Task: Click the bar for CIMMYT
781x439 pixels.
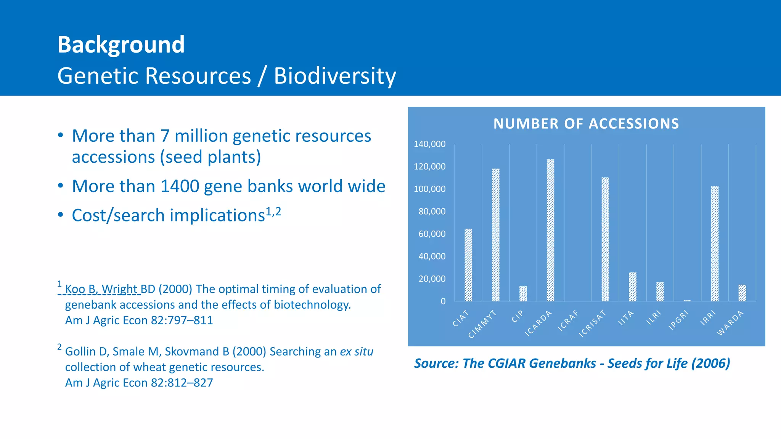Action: pyautogui.click(x=495, y=235)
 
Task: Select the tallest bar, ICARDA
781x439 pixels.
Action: pyautogui.click(x=550, y=230)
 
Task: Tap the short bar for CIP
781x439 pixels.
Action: pyautogui.click(x=523, y=294)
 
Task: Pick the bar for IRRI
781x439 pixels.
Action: pyautogui.click(x=715, y=244)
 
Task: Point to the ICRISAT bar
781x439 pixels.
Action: pyautogui.click(x=605, y=239)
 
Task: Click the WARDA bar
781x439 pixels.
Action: pyautogui.click(x=742, y=293)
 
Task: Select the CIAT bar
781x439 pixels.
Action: pyautogui.click(x=468, y=265)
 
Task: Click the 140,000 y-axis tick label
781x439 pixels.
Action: pyautogui.click(x=429, y=144)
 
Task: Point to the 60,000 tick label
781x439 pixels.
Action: pyautogui.click(x=432, y=234)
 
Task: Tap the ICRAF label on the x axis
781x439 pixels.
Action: pyautogui.click(x=568, y=320)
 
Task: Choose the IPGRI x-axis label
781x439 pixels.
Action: pyautogui.click(x=678, y=320)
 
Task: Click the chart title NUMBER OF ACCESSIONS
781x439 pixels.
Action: pyautogui.click(x=586, y=124)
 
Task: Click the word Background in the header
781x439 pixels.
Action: pyautogui.click(x=121, y=45)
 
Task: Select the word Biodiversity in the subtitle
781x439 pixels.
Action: pyautogui.click(x=335, y=76)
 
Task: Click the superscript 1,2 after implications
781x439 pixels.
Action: pyautogui.click(x=273, y=211)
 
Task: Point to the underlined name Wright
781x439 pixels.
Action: pyautogui.click(x=119, y=289)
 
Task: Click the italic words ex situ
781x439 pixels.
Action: pyautogui.click(x=356, y=351)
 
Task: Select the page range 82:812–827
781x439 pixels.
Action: pyautogui.click(x=182, y=383)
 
